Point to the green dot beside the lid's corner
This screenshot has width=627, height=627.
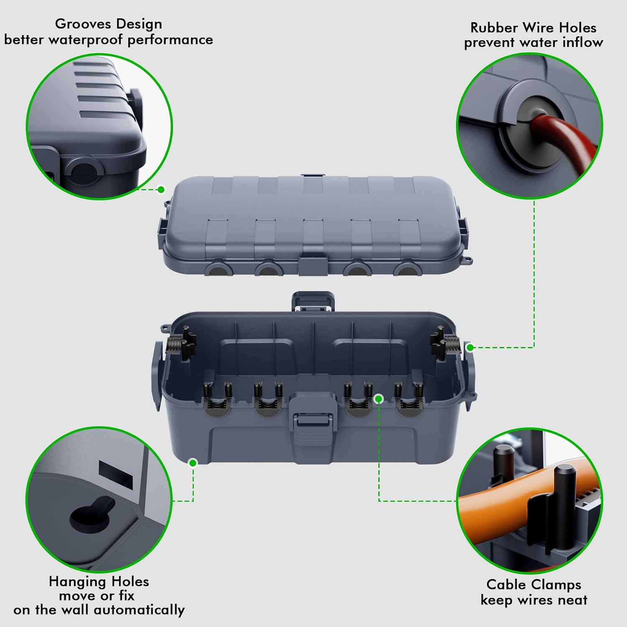(x=161, y=190)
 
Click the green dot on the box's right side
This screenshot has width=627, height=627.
(x=470, y=347)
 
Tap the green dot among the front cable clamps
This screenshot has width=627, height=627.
(x=379, y=399)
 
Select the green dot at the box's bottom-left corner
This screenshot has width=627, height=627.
(x=193, y=463)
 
